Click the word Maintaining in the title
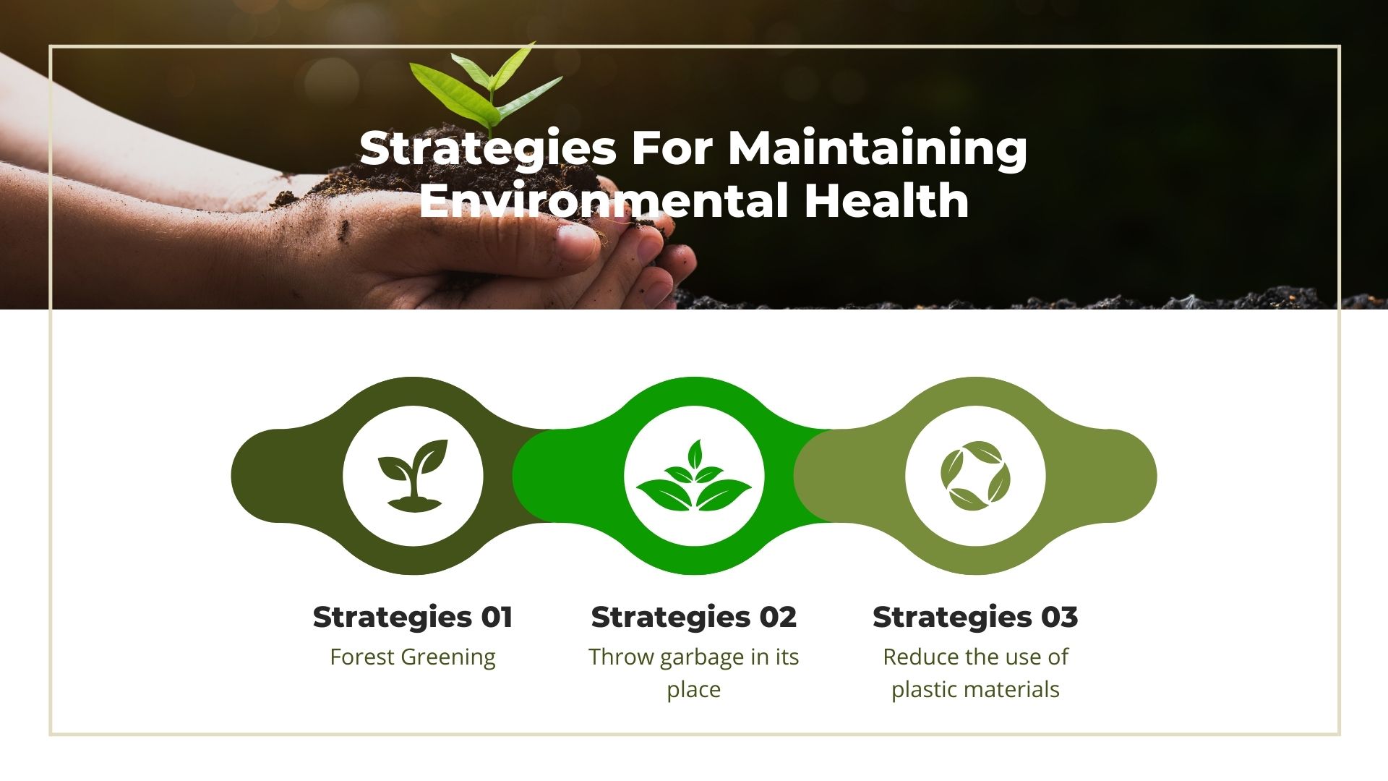[x=877, y=149]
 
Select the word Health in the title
[x=886, y=200]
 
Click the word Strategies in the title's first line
[x=487, y=149]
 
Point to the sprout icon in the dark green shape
[x=412, y=476]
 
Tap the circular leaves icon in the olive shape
[x=975, y=476]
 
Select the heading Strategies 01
[x=413, y=617]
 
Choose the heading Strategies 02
[x=694, y=617]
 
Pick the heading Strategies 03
[x=975, y=617]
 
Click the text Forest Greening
[x=413, y=657]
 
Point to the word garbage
[x=702, y=657]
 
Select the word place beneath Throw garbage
[x=694, y=690]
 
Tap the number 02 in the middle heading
[x=777, y=617]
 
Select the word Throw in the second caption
[x=621, y=657]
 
